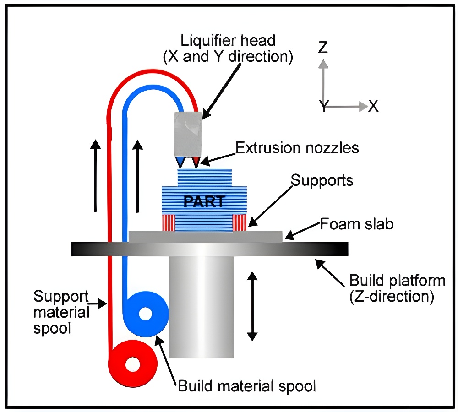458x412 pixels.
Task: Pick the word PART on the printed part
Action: [x=205, y=201]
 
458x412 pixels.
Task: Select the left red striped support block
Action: [x=168, y=222]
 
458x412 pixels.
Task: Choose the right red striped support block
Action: [x=240, y=222]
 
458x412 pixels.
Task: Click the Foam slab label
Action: [x=356, y=225]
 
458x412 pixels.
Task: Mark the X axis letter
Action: [x=374, y=107]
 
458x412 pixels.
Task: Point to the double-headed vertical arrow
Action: [x=251, y=305]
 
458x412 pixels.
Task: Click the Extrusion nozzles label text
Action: [x=297, y=148]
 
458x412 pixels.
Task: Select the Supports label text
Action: [x=322, y=180]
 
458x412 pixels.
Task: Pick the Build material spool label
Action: [x=247, y=386]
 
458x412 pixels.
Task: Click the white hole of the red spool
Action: [x=133, y=365]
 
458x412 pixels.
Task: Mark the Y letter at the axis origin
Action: [x=323, y=107]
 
